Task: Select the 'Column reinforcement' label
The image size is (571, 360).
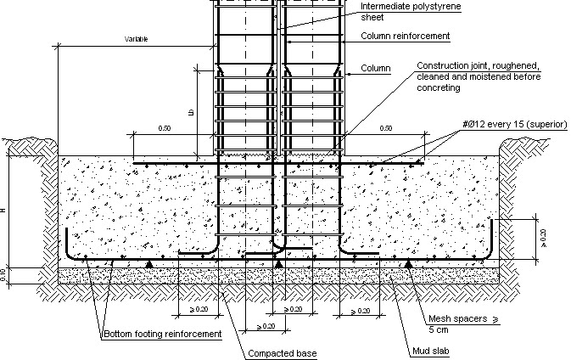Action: point(405,37)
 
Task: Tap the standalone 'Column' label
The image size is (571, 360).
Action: point(375,68)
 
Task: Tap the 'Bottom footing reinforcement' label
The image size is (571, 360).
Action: point(162,335)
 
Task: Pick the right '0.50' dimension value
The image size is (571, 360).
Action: point(387,129)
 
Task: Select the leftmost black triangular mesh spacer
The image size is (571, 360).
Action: point(150,265)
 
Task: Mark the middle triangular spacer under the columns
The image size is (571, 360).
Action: point(279,265)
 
